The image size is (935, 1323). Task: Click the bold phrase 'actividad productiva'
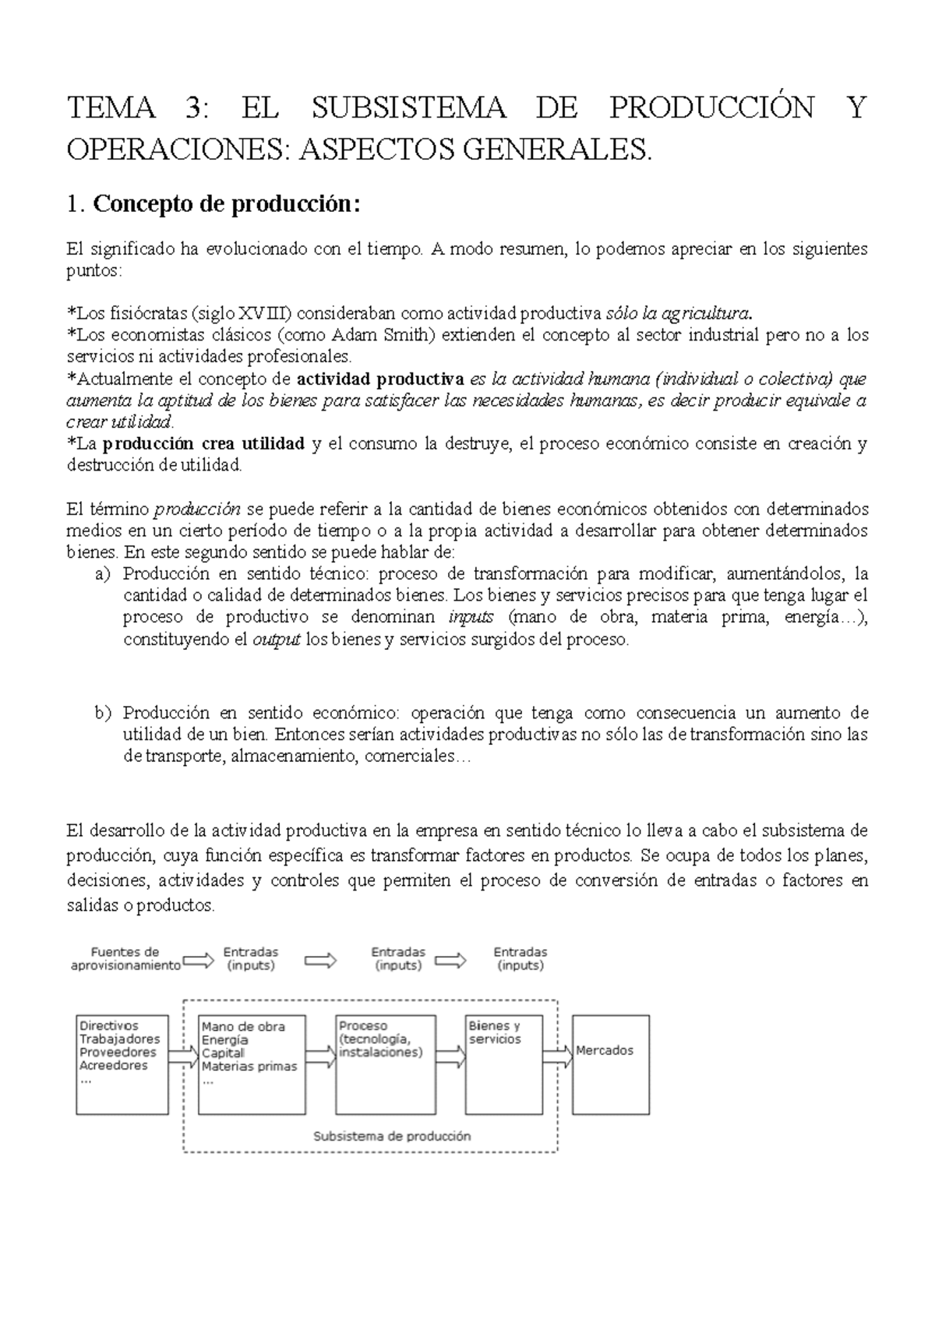click(381, 379)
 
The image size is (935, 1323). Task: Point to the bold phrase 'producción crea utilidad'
click(203, 444)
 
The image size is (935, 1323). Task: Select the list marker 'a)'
click(101, 574)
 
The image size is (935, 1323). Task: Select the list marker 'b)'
click(102, 713)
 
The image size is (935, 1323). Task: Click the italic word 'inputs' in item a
click(471, 618)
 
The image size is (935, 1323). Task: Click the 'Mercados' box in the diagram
click(610, 1064)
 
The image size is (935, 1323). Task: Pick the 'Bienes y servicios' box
click(503, 1064)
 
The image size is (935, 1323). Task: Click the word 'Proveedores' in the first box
click(118, 1053)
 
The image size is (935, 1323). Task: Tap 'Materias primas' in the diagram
click(249, 1067)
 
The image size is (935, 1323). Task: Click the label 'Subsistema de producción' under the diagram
click(392, 1136)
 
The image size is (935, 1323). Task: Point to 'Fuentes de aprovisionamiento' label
click(125, 958)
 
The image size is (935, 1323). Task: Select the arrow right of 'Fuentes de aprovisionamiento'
click(198, 960)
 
